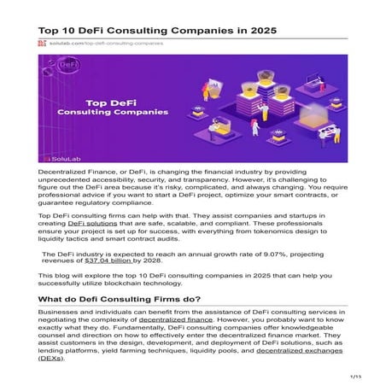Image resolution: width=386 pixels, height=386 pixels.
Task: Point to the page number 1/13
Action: click(x=356, y=375)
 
